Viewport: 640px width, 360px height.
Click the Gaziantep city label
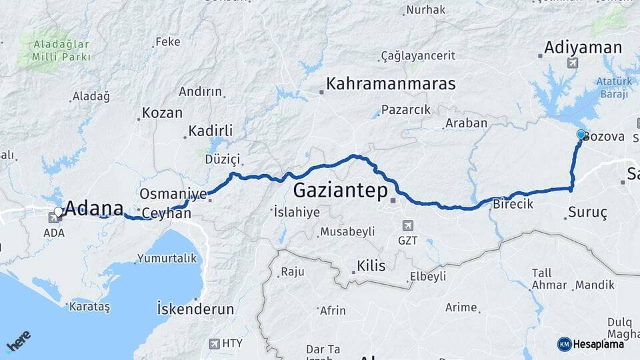340,191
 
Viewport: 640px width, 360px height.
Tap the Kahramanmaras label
391,85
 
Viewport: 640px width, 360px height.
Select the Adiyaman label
583,47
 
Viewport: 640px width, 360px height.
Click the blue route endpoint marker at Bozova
581,134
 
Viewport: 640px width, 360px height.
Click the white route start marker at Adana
59,212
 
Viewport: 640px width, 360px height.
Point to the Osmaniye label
173,194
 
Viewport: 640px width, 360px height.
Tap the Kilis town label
371,266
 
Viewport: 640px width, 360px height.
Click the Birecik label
513,204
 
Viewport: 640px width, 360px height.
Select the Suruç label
587,213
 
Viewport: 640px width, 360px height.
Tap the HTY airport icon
214,343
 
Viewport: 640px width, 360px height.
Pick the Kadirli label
210,131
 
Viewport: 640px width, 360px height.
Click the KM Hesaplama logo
589,344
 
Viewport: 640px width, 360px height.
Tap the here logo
18,342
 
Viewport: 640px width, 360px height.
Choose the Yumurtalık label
167,258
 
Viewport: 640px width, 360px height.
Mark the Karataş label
91,307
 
